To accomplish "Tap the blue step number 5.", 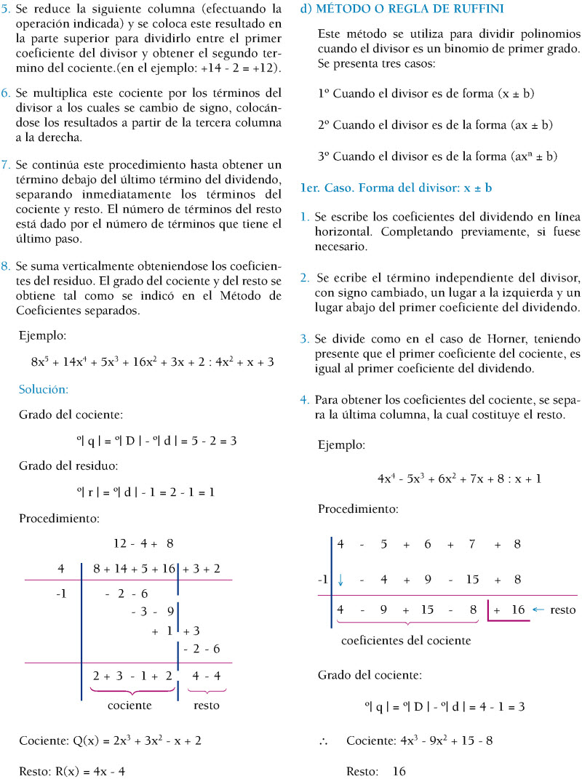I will click(6, 9).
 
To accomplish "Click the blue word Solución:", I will click(44, 389).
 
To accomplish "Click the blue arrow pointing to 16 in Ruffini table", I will click(538, 610).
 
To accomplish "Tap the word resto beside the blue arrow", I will click(562, 610).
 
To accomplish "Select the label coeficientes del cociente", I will click(405, 641).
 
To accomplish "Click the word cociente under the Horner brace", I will click(129, 705).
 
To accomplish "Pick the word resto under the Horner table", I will click(206, 705).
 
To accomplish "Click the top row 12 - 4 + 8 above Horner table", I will click(143, 543).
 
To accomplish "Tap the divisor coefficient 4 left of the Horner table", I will click(61, 569).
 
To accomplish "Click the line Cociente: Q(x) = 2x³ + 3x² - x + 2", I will click(110, 740).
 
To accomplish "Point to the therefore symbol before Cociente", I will click(324, 741).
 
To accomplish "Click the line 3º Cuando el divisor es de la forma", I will click(437, 156).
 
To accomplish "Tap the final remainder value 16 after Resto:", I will click(399, 771).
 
